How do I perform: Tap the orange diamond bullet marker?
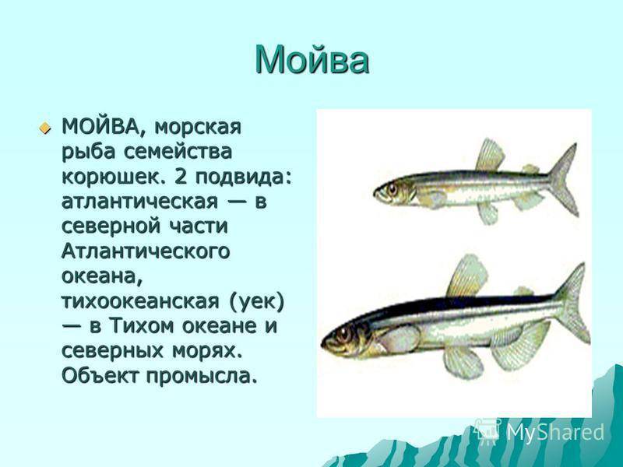(45, 128)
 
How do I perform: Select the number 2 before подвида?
(180, 176)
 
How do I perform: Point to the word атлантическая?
(140, 202)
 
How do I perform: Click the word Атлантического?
(146, 251)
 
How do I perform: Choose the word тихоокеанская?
(140, 301)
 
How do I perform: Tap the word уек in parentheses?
(257, 302)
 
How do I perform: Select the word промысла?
(201, 376)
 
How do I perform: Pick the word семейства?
(183, 152)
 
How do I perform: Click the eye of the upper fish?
(392, 189)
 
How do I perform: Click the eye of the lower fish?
(343, 335)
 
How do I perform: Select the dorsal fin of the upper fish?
(490, 155)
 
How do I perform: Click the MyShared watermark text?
(555, 432)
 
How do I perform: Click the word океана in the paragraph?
(102, 277)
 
